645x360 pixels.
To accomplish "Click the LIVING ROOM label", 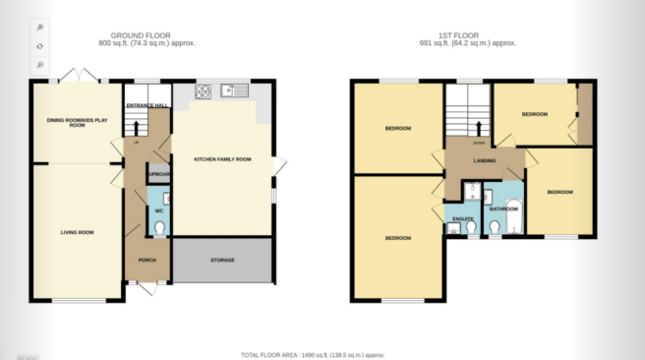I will coord(77,232).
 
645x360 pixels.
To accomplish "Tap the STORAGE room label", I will coord(222,260).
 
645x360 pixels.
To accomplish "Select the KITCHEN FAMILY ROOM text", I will coord(222,158).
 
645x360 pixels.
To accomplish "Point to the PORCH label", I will coord(147,261).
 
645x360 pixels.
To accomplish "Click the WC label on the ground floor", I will coord(158,210).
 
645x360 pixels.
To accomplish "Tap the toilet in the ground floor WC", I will coord(160,228).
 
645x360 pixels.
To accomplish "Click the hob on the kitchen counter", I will coord(205,91).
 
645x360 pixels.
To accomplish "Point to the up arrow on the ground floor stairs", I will coord(136,128).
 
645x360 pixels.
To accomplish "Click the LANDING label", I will coord(484,161).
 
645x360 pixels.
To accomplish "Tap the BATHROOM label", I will coord(503,209).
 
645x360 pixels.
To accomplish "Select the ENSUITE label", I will coord(464,218).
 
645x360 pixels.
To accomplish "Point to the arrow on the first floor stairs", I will coord(479,126).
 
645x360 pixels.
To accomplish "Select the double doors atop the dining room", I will coord(76,77).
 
